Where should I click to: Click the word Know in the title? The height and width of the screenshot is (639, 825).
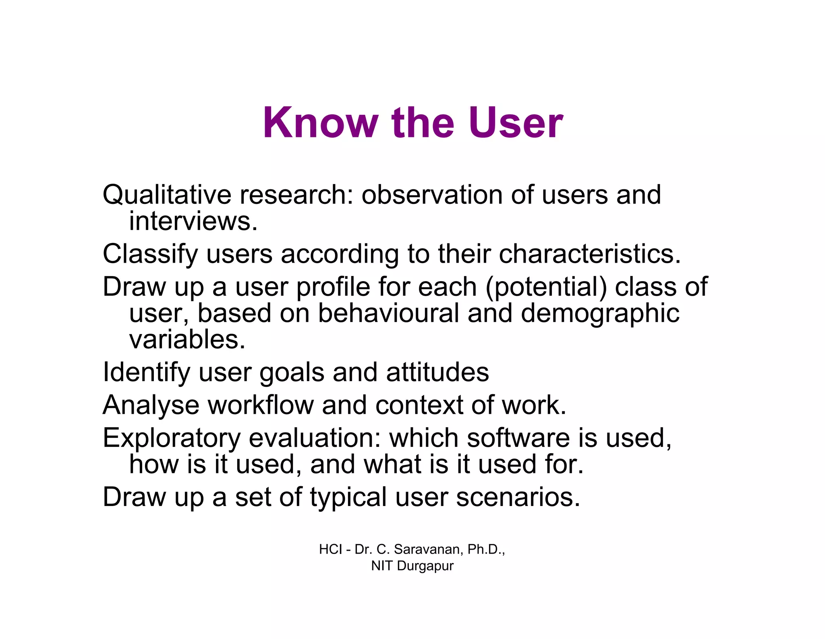(x=320, y=123)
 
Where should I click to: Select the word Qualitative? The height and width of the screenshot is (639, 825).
(x=167, y=195)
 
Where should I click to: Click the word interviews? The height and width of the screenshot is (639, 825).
(x=193, y=221)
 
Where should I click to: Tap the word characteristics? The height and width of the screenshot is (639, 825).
(x=589, y=254)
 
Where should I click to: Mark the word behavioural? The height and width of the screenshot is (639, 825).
(x=388, y=313)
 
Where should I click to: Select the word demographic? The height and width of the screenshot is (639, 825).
(x=600, y=313)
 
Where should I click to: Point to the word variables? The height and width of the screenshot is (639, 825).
(x=187, y=340)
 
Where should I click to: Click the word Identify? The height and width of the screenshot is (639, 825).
(x=146, y=372)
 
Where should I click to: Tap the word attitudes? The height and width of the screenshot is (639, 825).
(x=437, y=372)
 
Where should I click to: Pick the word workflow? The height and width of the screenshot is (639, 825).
(x=260, y=405)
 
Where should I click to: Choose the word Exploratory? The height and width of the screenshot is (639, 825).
(x=171, y=438)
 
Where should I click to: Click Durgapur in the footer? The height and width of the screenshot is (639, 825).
(x=425, y=566)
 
